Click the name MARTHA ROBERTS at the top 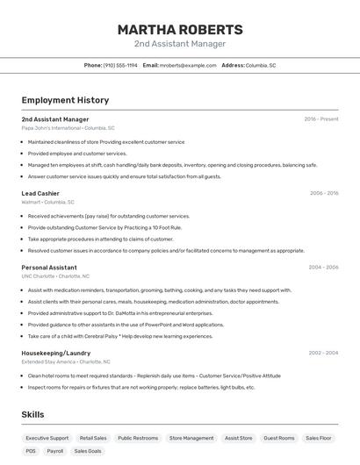coord(180,29)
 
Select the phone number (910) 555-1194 coord(120,65)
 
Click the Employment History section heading coord(65,100)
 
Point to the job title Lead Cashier coord(40,193)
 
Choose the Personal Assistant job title coord(49,267)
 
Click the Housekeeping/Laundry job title coord(55,353)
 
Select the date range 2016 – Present coord(321,119)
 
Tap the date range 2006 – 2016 coord(324,193)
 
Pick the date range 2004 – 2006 coord(323,267)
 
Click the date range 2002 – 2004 coord(323,353)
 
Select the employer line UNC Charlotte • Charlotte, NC coord(56,275)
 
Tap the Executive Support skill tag coord(47,438)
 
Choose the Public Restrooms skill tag coord(138,438)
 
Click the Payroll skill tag coord(54,451)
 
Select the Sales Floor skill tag coord(319,438)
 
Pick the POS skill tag coord(31,451)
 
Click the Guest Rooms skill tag coord(279,438)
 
